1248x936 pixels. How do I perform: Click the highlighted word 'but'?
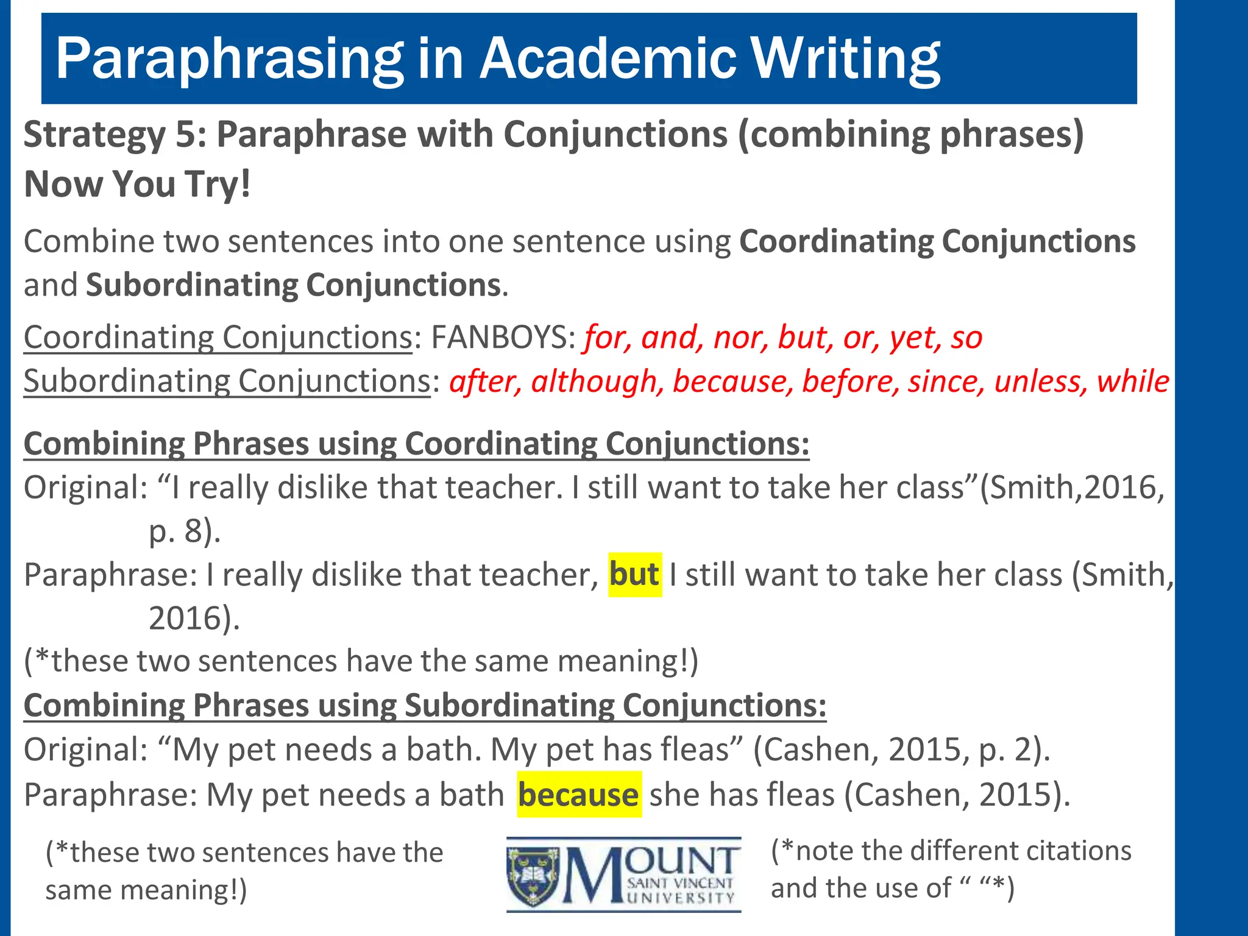pos(634,574)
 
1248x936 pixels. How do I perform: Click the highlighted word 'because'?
pos(578,795)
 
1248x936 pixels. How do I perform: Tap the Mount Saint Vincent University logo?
pos(623,874)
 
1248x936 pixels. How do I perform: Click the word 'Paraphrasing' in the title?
pos(229,60)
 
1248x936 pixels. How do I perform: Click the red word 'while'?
pos(1133,381)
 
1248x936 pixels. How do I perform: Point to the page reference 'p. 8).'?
pos(184,531)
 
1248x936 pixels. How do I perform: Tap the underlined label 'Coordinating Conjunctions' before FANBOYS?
pos(218,337)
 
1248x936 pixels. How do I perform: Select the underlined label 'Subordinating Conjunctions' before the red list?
pos(227,381)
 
